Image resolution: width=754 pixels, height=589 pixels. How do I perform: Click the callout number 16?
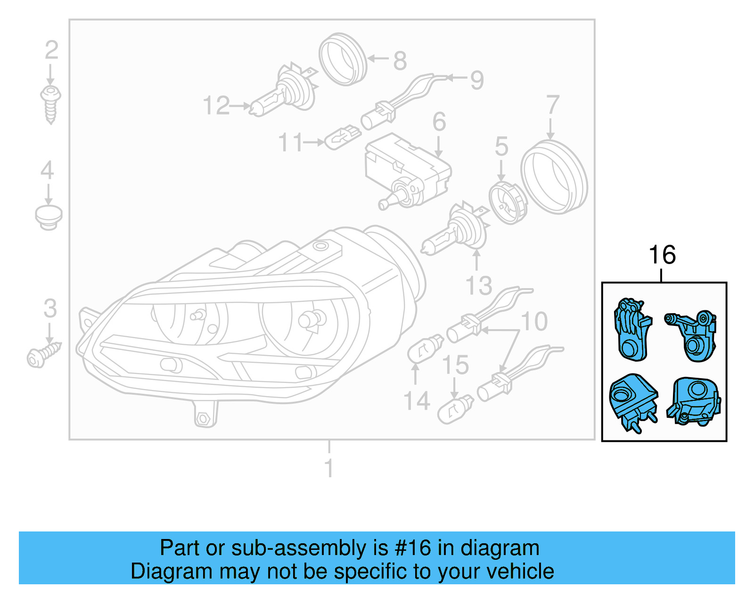pos(662,255)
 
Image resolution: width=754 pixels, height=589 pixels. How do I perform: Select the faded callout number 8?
pos(400,61)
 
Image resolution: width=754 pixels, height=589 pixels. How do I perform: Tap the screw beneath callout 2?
pos(50,104)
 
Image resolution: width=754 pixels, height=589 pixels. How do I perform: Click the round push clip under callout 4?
pos(49,217)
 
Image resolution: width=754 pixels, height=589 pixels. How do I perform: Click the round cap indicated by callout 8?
pos(343,59)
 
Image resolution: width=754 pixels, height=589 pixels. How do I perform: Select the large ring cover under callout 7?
pos(554,177)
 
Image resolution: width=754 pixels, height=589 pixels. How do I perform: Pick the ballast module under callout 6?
pos(408,170)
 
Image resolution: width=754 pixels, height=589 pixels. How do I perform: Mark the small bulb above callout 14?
pos(425,349)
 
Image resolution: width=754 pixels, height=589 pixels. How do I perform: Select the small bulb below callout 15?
pos(455,409)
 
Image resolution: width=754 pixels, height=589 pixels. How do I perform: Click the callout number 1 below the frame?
pos(329,469)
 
